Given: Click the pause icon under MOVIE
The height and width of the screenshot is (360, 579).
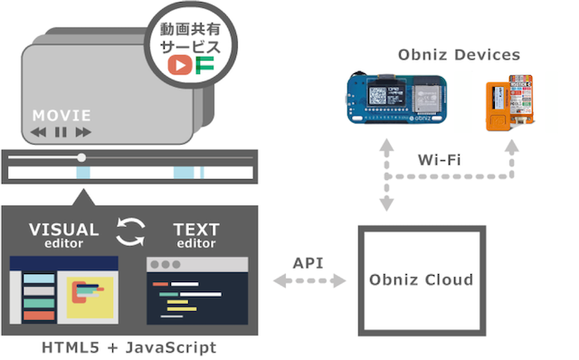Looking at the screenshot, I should (61, 132).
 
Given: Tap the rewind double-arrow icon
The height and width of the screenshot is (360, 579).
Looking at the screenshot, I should (38, 132).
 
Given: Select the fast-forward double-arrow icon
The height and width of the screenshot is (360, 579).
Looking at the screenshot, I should (83, 132).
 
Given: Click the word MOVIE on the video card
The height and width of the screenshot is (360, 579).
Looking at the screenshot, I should (62, 116).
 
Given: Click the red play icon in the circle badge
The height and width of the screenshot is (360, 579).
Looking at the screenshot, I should (181, 65).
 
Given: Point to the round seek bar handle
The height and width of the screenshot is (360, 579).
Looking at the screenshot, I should (82, 157).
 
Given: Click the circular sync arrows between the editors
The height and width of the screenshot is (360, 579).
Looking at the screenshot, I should (132, 232).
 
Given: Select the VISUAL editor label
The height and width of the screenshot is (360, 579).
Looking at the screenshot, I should (63, 233).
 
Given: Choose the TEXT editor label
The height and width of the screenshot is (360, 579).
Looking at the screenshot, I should (195, 233).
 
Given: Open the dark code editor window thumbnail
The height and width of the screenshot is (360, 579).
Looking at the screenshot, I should (197, 290).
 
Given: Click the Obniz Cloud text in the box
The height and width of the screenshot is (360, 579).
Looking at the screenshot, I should (422, 279).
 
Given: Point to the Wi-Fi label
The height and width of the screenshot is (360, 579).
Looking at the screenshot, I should (440, 159).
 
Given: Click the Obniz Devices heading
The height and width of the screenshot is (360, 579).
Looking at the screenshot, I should (459, 55).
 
